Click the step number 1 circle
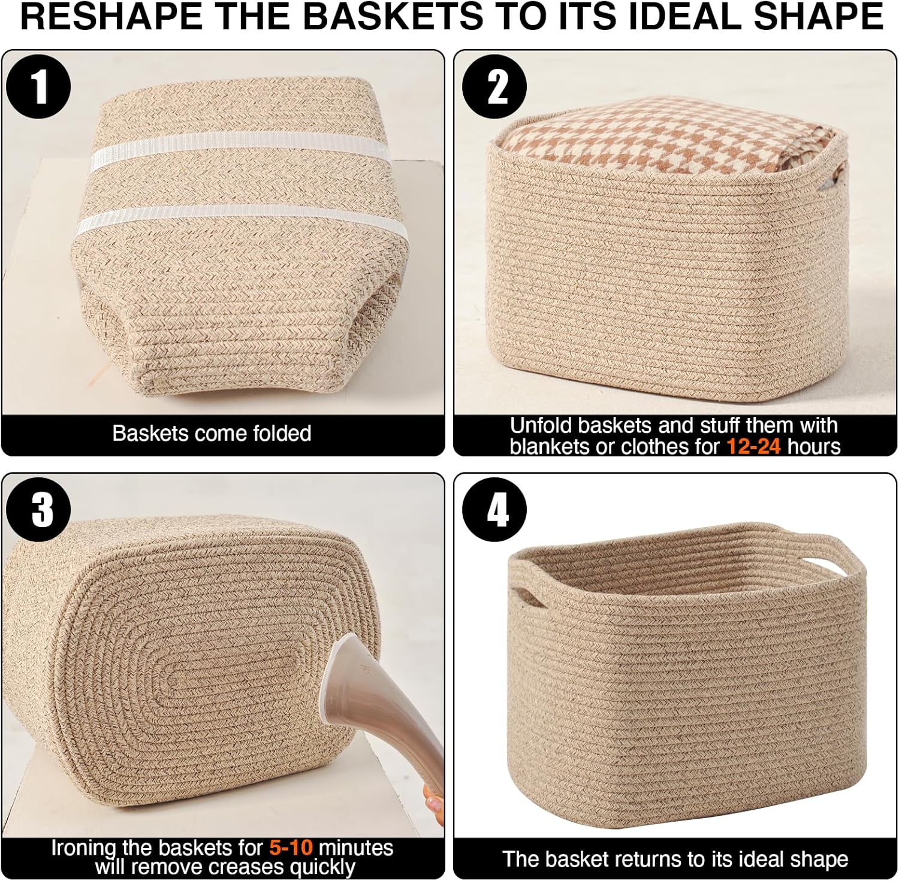point(38,87)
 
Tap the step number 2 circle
point(494,87)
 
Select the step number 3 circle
point(38,510)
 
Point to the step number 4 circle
point(494,510)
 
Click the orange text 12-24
point(753,446)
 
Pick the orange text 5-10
point(291,847)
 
